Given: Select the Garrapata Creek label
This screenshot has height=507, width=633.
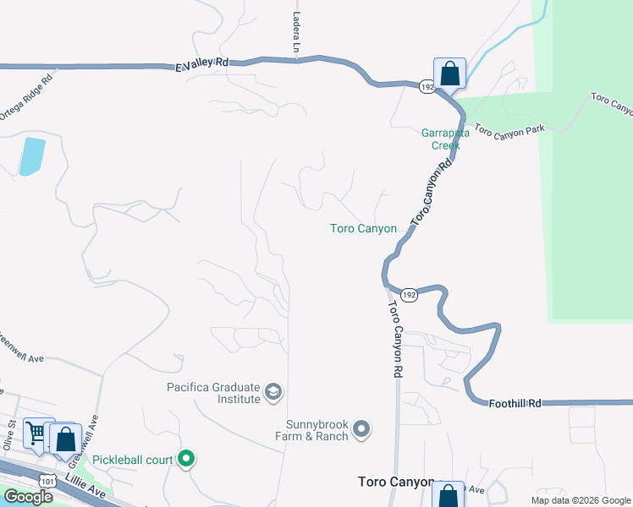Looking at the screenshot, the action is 440,139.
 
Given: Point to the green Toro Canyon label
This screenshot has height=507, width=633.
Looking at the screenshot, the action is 363,228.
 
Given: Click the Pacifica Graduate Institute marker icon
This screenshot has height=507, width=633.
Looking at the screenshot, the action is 273,391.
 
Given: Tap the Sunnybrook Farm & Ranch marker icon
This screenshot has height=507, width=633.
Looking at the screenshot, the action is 361,429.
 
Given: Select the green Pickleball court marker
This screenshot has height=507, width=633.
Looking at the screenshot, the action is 187,460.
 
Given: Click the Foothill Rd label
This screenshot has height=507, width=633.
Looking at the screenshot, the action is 515,404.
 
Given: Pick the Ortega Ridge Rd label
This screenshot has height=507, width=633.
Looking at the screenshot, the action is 28,97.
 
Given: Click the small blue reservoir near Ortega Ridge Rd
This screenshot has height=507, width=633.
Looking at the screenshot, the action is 31,156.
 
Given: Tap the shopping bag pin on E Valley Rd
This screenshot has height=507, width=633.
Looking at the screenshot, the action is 449,74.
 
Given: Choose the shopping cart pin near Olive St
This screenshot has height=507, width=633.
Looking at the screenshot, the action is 37,434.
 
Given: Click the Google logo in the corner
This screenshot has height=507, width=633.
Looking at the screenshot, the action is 28,497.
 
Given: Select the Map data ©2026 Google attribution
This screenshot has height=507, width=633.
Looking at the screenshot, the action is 581,500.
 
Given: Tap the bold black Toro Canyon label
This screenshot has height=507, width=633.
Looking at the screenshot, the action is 396,482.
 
